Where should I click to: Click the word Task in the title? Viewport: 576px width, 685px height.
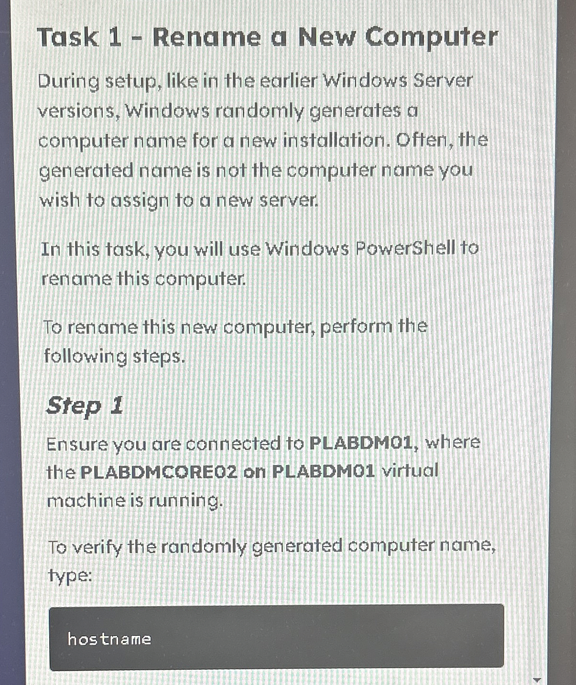click(67, 37)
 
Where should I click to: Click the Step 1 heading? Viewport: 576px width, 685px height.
click(85, 406)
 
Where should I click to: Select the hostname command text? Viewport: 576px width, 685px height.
click(109, 639)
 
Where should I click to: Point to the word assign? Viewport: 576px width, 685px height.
click(140, 201)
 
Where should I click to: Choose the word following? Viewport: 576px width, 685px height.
click(85, 357)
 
